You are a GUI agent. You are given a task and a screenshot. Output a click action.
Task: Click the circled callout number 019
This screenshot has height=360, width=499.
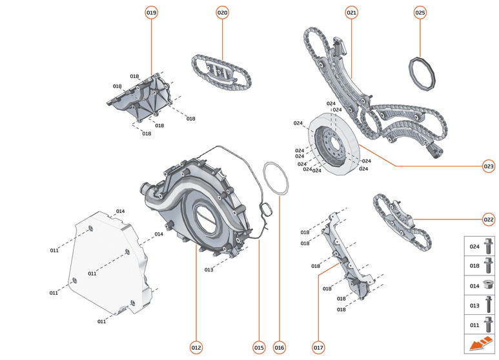pyautogui.click(x=152, y=12)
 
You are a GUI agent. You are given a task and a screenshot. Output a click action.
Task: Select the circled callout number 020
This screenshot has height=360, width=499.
pyautogui.click(x=222, y=12)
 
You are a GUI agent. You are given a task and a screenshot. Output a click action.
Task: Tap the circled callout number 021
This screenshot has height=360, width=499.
pyautogui.click(x=352, y=12)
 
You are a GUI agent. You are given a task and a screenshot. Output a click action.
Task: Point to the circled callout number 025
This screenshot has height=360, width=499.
pyautogui.click(x=420, y=12)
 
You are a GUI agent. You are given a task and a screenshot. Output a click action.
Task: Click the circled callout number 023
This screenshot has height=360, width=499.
pyautogui.click(x=488, y=166)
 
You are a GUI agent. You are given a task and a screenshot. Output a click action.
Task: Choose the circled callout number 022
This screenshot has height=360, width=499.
pyautogui.click(x=488, y=219)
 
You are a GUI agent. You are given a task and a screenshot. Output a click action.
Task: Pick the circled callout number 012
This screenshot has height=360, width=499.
pyautogui.click(x=196, y=348)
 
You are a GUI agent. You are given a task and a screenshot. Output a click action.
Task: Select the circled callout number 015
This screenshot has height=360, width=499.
pyautogui.click(x=258, y=348)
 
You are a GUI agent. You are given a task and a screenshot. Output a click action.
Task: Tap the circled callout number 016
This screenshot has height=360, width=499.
pyautogui.click(x=279, y=348)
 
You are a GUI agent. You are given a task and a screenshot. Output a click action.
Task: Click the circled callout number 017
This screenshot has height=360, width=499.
pyautogui.click(x=318, y=348)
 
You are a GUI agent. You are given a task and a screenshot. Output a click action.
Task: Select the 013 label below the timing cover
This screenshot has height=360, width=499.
pyautogui.click(x=209, y=270)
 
